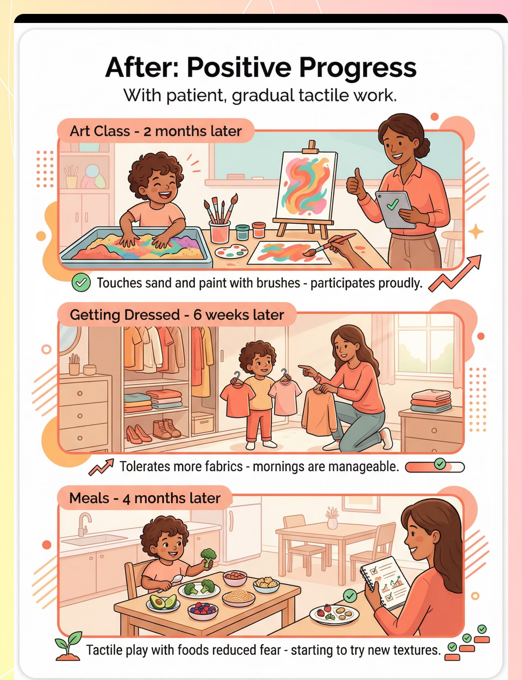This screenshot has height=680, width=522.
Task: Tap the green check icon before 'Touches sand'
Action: point(81,283)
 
